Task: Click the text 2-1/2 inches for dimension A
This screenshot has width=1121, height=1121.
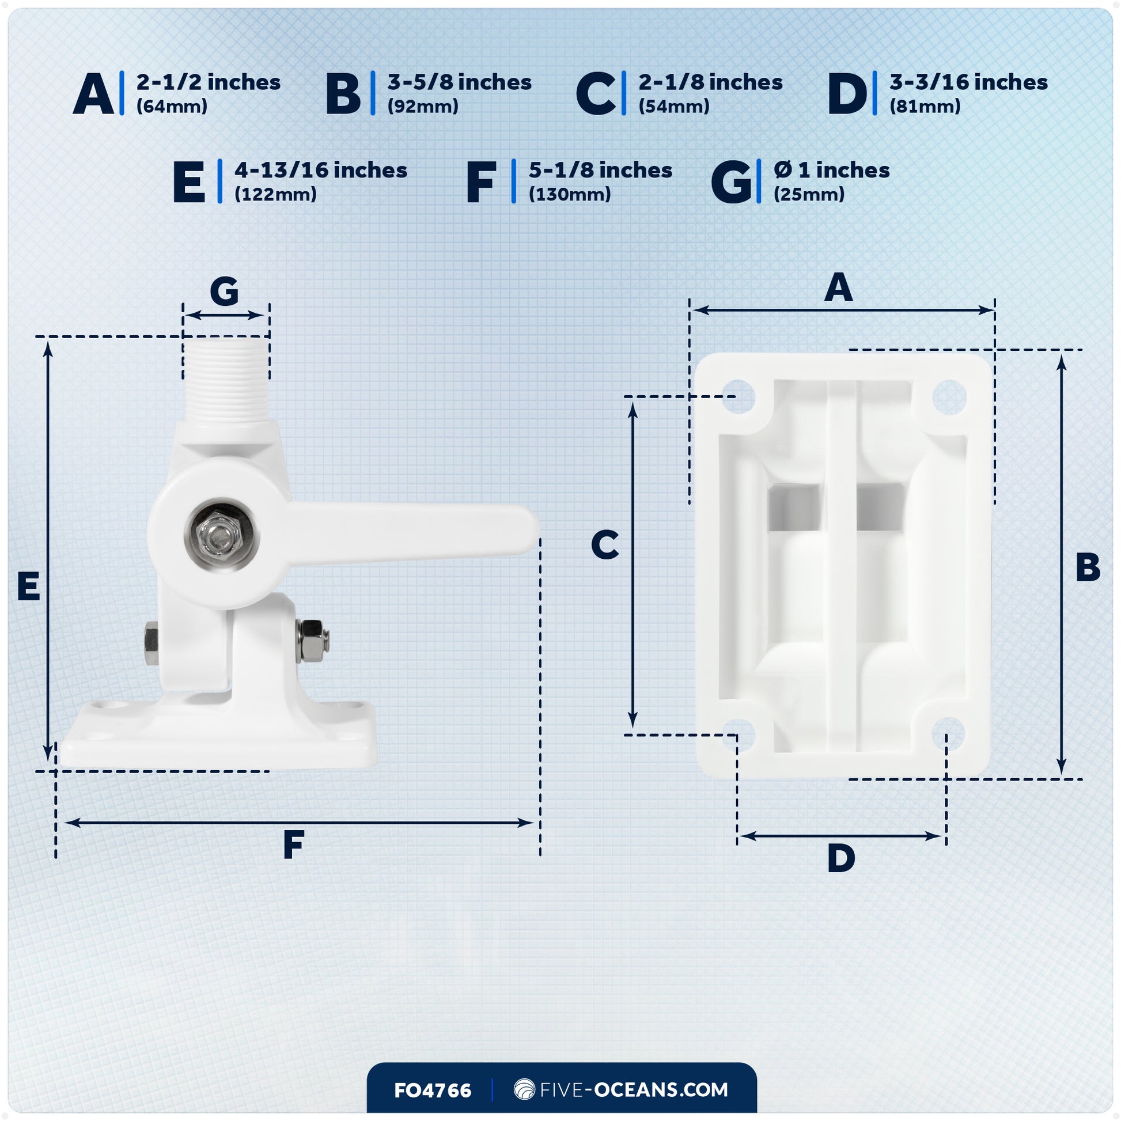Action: (209, 82)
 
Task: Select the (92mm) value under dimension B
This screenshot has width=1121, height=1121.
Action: (423, 107)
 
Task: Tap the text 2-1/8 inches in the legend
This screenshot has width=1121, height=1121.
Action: (710, 82)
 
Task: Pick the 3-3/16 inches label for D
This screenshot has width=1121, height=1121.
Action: (968, 82)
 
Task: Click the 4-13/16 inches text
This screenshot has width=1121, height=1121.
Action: (320, 171)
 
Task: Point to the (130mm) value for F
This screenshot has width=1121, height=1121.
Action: (569, 194)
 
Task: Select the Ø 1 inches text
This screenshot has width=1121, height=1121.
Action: (831, 171)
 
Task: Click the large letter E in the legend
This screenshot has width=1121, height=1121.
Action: (189, 182)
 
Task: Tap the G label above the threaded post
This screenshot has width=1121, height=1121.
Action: (224, 291)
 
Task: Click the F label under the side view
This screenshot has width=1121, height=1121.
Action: (294, 846)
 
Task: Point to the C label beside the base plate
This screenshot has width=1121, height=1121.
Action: (605, 546)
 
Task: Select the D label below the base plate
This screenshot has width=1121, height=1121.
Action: (841, 859)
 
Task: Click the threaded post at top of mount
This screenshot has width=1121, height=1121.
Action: (226, 380)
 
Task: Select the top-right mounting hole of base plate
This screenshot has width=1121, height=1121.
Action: (949, 397)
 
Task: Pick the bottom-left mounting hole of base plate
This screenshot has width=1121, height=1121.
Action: (738, 734)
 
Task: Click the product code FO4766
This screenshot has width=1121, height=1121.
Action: (432, 1090)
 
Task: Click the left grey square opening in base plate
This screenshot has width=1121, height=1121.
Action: (794, 508)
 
